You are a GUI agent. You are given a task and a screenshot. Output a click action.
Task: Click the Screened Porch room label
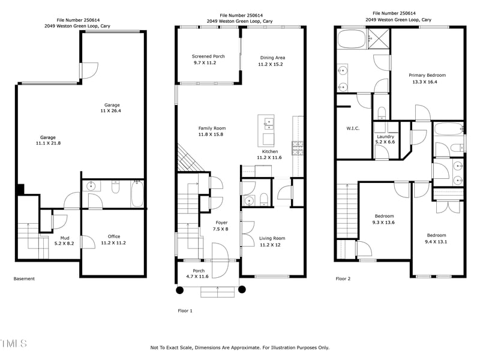pos(208,56)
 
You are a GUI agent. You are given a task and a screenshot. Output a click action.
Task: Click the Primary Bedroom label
pos(427,76)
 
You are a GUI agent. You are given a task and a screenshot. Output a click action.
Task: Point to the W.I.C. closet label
pos(352,127)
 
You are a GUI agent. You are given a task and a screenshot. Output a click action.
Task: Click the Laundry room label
pos(385,137)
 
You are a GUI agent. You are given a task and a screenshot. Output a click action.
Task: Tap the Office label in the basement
pos(113,236)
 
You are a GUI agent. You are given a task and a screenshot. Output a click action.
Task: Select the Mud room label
pos(64,238)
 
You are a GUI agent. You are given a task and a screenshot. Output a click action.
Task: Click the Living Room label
pos(272,238)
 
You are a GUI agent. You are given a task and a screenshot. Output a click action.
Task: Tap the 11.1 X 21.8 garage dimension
pos(48,143)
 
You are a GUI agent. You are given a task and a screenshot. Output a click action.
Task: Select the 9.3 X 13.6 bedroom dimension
pos(385,223)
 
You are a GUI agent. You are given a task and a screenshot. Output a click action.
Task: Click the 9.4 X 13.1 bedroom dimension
pos(436,242)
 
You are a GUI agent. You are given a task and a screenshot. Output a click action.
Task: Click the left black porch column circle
pos(179,290)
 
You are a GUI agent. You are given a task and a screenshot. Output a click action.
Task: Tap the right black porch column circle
pos(242,290)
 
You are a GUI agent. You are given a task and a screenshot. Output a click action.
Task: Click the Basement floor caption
pos(24,278)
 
